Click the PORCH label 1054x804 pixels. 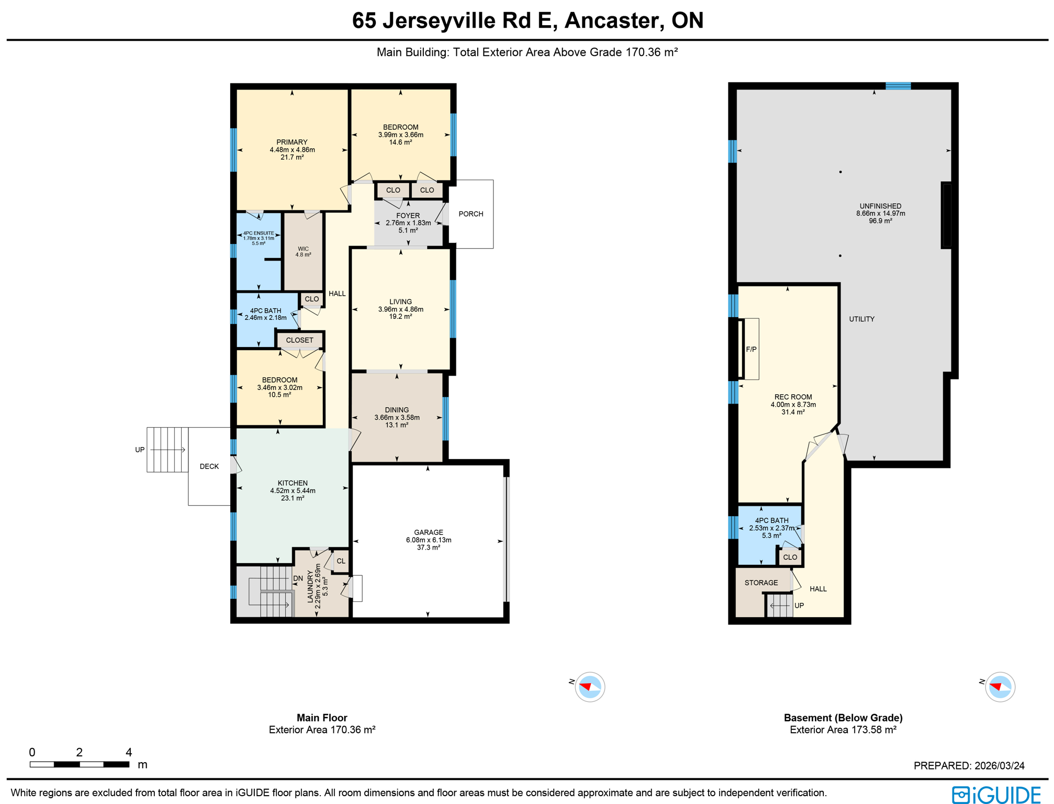point(470,214)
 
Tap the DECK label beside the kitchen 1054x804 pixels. point(209,466)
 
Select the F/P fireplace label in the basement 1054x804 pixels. point(751,349)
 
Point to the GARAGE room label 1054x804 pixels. point(428,532)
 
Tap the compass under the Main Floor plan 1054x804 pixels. point(590,686)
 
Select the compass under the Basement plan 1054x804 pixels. point(1000,686)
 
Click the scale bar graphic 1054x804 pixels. point(80,764)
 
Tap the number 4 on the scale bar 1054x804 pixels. point(129,752)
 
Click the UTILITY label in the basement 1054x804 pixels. point(861,319)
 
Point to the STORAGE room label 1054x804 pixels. point(761,583)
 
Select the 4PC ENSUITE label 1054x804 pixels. point(259,233)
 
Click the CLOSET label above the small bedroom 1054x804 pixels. point(299,340)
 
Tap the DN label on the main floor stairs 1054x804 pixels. point(298,578)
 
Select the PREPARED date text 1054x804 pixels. point(969,765)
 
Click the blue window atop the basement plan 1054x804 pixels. point(898,86)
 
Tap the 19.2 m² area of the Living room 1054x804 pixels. point(400,317)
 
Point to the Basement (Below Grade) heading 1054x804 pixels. point(843,718)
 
